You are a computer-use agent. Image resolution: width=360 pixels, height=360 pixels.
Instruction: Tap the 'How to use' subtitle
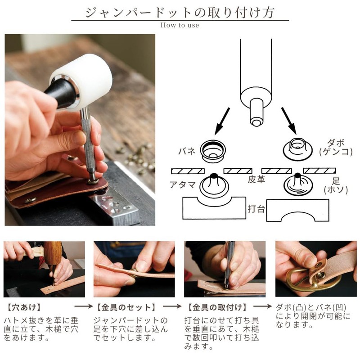180,25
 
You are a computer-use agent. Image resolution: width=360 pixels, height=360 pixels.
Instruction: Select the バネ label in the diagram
187,151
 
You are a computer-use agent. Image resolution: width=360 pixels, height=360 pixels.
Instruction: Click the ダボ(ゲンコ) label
336,148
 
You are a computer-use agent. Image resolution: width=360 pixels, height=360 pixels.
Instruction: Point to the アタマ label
183,184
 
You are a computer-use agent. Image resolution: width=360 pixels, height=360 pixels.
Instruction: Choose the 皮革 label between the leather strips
256,179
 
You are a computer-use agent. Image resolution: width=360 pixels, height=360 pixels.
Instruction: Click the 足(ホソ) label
336,185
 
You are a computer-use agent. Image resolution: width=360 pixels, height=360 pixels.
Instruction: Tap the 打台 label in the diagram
256,209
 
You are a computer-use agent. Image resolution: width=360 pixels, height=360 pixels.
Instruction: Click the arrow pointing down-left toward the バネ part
222,121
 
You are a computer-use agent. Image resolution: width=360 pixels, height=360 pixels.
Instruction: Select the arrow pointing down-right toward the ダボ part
289,121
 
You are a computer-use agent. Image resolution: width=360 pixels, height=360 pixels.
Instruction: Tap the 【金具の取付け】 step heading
217,307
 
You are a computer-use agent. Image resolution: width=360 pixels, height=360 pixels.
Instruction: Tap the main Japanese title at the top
180,12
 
